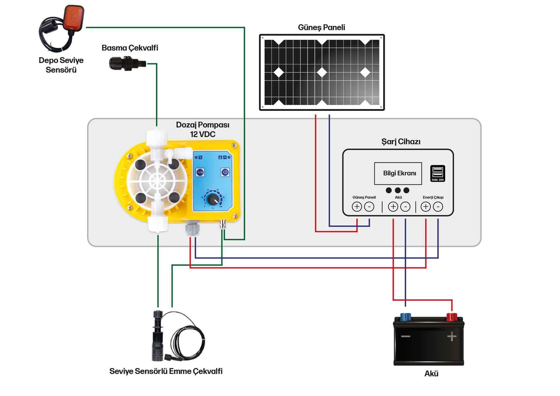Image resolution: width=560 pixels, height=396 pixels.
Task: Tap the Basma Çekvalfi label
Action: (x=130, y=48)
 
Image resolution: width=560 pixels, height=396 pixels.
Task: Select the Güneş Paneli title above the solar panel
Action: (x=321, y=27)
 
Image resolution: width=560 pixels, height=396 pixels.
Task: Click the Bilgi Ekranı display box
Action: (x=398, y=173)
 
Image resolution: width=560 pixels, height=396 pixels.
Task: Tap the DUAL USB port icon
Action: (x=438, y=173)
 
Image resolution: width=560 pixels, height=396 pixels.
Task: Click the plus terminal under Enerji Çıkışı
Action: (x=426, y=207)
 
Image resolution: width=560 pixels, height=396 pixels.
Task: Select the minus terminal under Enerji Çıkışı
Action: (x=438, y=207)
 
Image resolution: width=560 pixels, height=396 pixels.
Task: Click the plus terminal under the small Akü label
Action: (x=393, y=207)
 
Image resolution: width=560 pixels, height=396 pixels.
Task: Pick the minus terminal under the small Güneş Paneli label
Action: (x=369, y=207)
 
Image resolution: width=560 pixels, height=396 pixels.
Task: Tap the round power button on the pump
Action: (x=225, y=172)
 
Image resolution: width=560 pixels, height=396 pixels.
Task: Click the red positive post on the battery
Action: (x=451, y=317)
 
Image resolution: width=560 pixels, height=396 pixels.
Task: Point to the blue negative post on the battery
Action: (x=405, y=317)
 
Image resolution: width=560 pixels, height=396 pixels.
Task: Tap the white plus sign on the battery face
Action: (x=452, y=337)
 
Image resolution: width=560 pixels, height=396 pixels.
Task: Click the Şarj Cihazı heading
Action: (x=401, y=142)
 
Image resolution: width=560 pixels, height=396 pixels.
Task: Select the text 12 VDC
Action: (x=203, y=134)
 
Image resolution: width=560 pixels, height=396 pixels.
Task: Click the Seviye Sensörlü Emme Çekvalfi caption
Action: (x=166, y=371)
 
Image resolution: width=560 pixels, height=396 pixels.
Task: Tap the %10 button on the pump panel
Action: (x=200, y=172)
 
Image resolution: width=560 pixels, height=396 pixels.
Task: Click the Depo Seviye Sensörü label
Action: (x=61, y=65)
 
